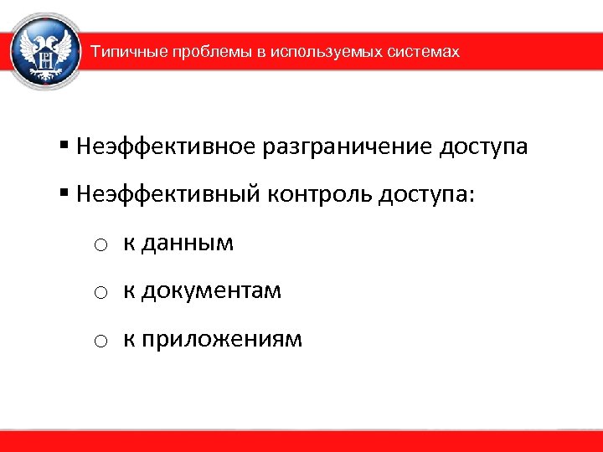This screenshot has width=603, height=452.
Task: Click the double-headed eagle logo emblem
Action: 46,52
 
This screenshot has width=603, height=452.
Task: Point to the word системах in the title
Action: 425,52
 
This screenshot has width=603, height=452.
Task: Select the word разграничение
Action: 345,147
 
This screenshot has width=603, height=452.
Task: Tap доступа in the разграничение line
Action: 482,148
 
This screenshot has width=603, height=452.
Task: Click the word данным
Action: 187,244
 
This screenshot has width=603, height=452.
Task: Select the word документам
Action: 211,291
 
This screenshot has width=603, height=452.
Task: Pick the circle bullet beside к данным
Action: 99,245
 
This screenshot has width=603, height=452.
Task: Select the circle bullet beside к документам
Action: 99,293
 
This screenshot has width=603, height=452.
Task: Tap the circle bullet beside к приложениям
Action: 99,342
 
